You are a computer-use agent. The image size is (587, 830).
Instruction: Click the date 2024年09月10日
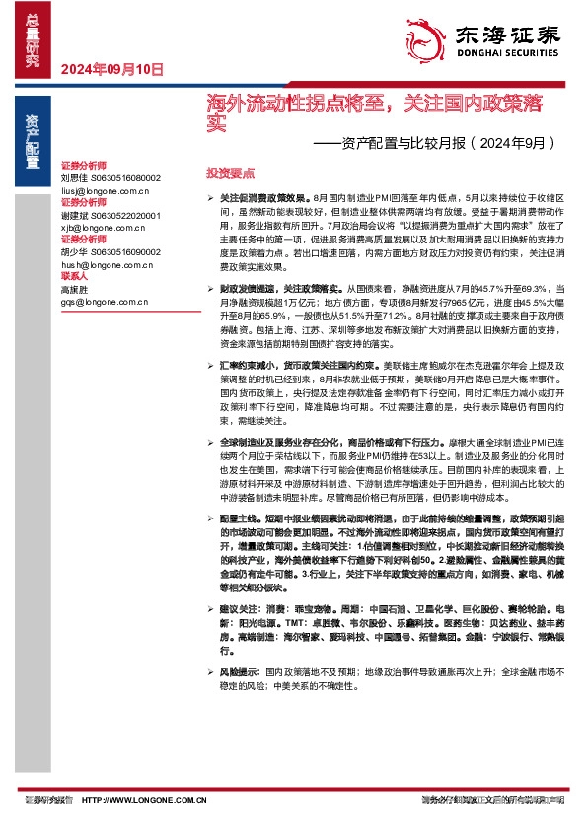coord(111,69)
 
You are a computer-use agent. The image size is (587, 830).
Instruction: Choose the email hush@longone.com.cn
coord(106,264)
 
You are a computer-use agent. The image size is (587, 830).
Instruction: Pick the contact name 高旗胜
coord(74,290)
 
